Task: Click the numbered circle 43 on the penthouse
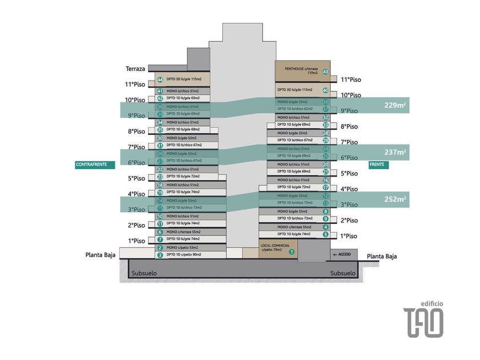(x=325, y=72)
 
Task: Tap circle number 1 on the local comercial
(x=291, y=251)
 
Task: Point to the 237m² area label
(x=395, y=153)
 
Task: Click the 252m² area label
(x=395, y=199)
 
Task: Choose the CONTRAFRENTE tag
(x=95, y=165)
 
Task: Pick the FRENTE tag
(x=377, y=165)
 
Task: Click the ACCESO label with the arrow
(x=343, y=253)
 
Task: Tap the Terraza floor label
(x=136, y=69)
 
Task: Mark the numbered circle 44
(x=160, y=80)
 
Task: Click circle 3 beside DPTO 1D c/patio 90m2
(x=160, y=255)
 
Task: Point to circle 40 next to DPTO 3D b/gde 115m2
(x=325, y=90)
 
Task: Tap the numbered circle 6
(x=160, y=232)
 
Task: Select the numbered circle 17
(x=325, y=187)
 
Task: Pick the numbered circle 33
(x=325, y=125)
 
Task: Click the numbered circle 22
(x=160, y=170)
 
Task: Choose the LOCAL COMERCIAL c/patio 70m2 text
(x=273, y=247)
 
